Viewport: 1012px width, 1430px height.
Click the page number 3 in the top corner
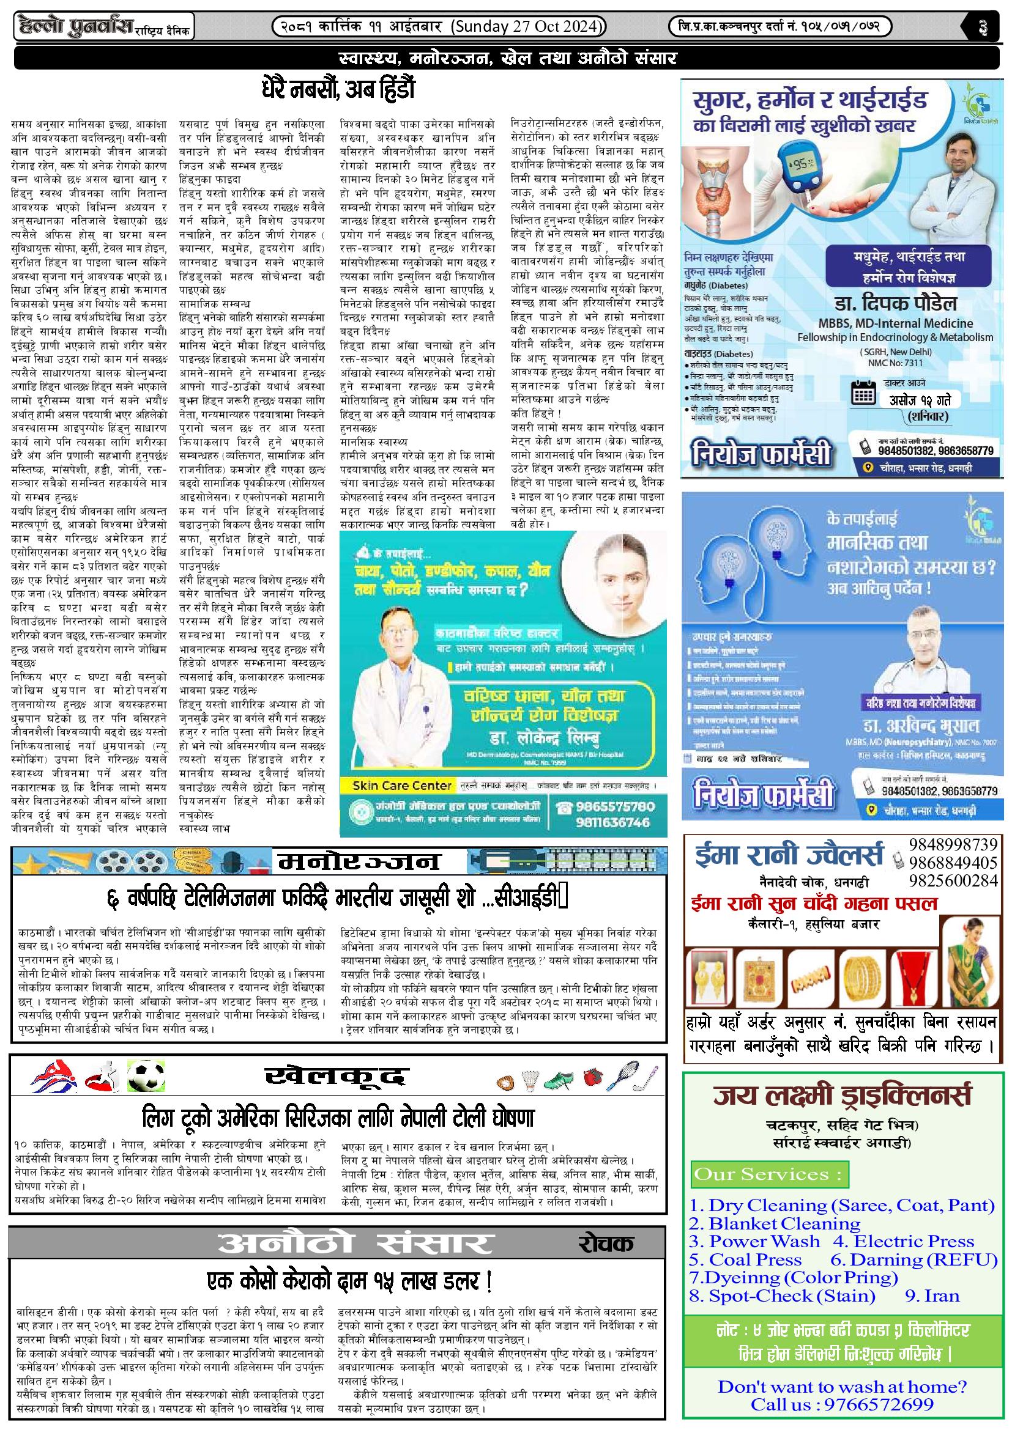point(982,27)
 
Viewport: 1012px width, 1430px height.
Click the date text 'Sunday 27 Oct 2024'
point(527,26)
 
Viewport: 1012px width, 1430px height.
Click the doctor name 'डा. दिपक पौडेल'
point(895,303)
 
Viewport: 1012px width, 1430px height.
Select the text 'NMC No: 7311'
point(895,363)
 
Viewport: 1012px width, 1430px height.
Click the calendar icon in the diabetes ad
point(863,393)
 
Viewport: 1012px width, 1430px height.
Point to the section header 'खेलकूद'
point(337,1076)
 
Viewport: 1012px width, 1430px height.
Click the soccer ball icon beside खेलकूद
point(146,1076)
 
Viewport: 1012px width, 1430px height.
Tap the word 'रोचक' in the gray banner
point(606,1244)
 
